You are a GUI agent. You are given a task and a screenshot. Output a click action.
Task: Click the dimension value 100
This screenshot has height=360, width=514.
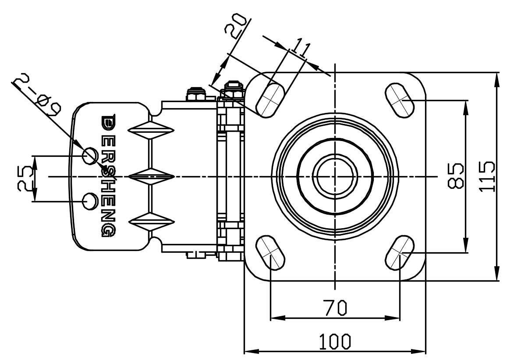[x=334, y=341]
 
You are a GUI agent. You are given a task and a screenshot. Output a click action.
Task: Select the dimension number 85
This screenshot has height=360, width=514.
[x=455, y=176]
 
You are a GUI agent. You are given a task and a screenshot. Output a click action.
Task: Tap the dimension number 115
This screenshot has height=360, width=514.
[x=487, y=176]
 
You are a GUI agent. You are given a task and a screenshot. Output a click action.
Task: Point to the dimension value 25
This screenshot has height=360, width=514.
[x=25, y=178]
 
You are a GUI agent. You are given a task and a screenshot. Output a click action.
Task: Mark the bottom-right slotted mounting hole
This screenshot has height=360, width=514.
[x=399, y=253]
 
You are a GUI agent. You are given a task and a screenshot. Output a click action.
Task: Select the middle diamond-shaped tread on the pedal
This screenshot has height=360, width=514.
[x=151, y=176]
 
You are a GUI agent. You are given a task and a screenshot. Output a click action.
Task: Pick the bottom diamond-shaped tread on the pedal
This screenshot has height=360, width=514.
[x=151, y=222]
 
